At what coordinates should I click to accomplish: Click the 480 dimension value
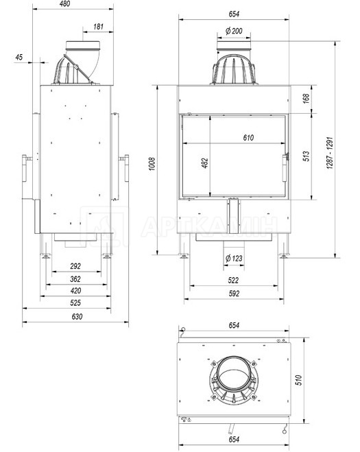[64, 4]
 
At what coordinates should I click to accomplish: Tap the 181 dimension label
[98, 27]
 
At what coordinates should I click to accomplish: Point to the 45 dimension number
[19, 57]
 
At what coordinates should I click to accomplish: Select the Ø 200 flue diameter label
[234, 31]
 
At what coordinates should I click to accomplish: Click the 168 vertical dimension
[306, 98]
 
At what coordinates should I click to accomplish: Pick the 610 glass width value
[248, 137]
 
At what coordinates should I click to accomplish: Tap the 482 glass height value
[204, 163]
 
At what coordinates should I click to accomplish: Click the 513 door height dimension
[306, 156]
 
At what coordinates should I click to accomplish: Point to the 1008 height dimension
[152, 164]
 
